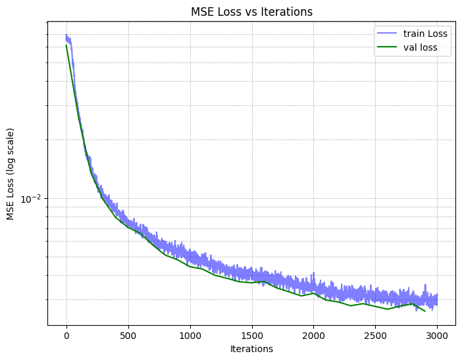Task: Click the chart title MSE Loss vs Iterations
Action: [251, 12]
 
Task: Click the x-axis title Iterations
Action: [251, 349]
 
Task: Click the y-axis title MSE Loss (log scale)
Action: [11, 174]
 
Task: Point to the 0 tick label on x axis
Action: [66, 336]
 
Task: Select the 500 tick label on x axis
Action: [128, 336]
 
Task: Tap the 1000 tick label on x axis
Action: [190, 336]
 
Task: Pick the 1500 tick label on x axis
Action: [251, 336]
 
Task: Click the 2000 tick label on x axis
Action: [313, 336]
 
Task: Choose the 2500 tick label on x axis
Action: [375, 336]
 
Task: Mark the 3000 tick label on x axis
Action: [437, 336]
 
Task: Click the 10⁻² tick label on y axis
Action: [32, 199]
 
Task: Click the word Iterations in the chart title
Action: [290, 12]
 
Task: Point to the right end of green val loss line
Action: [425, 311]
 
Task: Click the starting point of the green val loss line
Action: [66, 45]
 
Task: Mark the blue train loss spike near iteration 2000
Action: [313, 272]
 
